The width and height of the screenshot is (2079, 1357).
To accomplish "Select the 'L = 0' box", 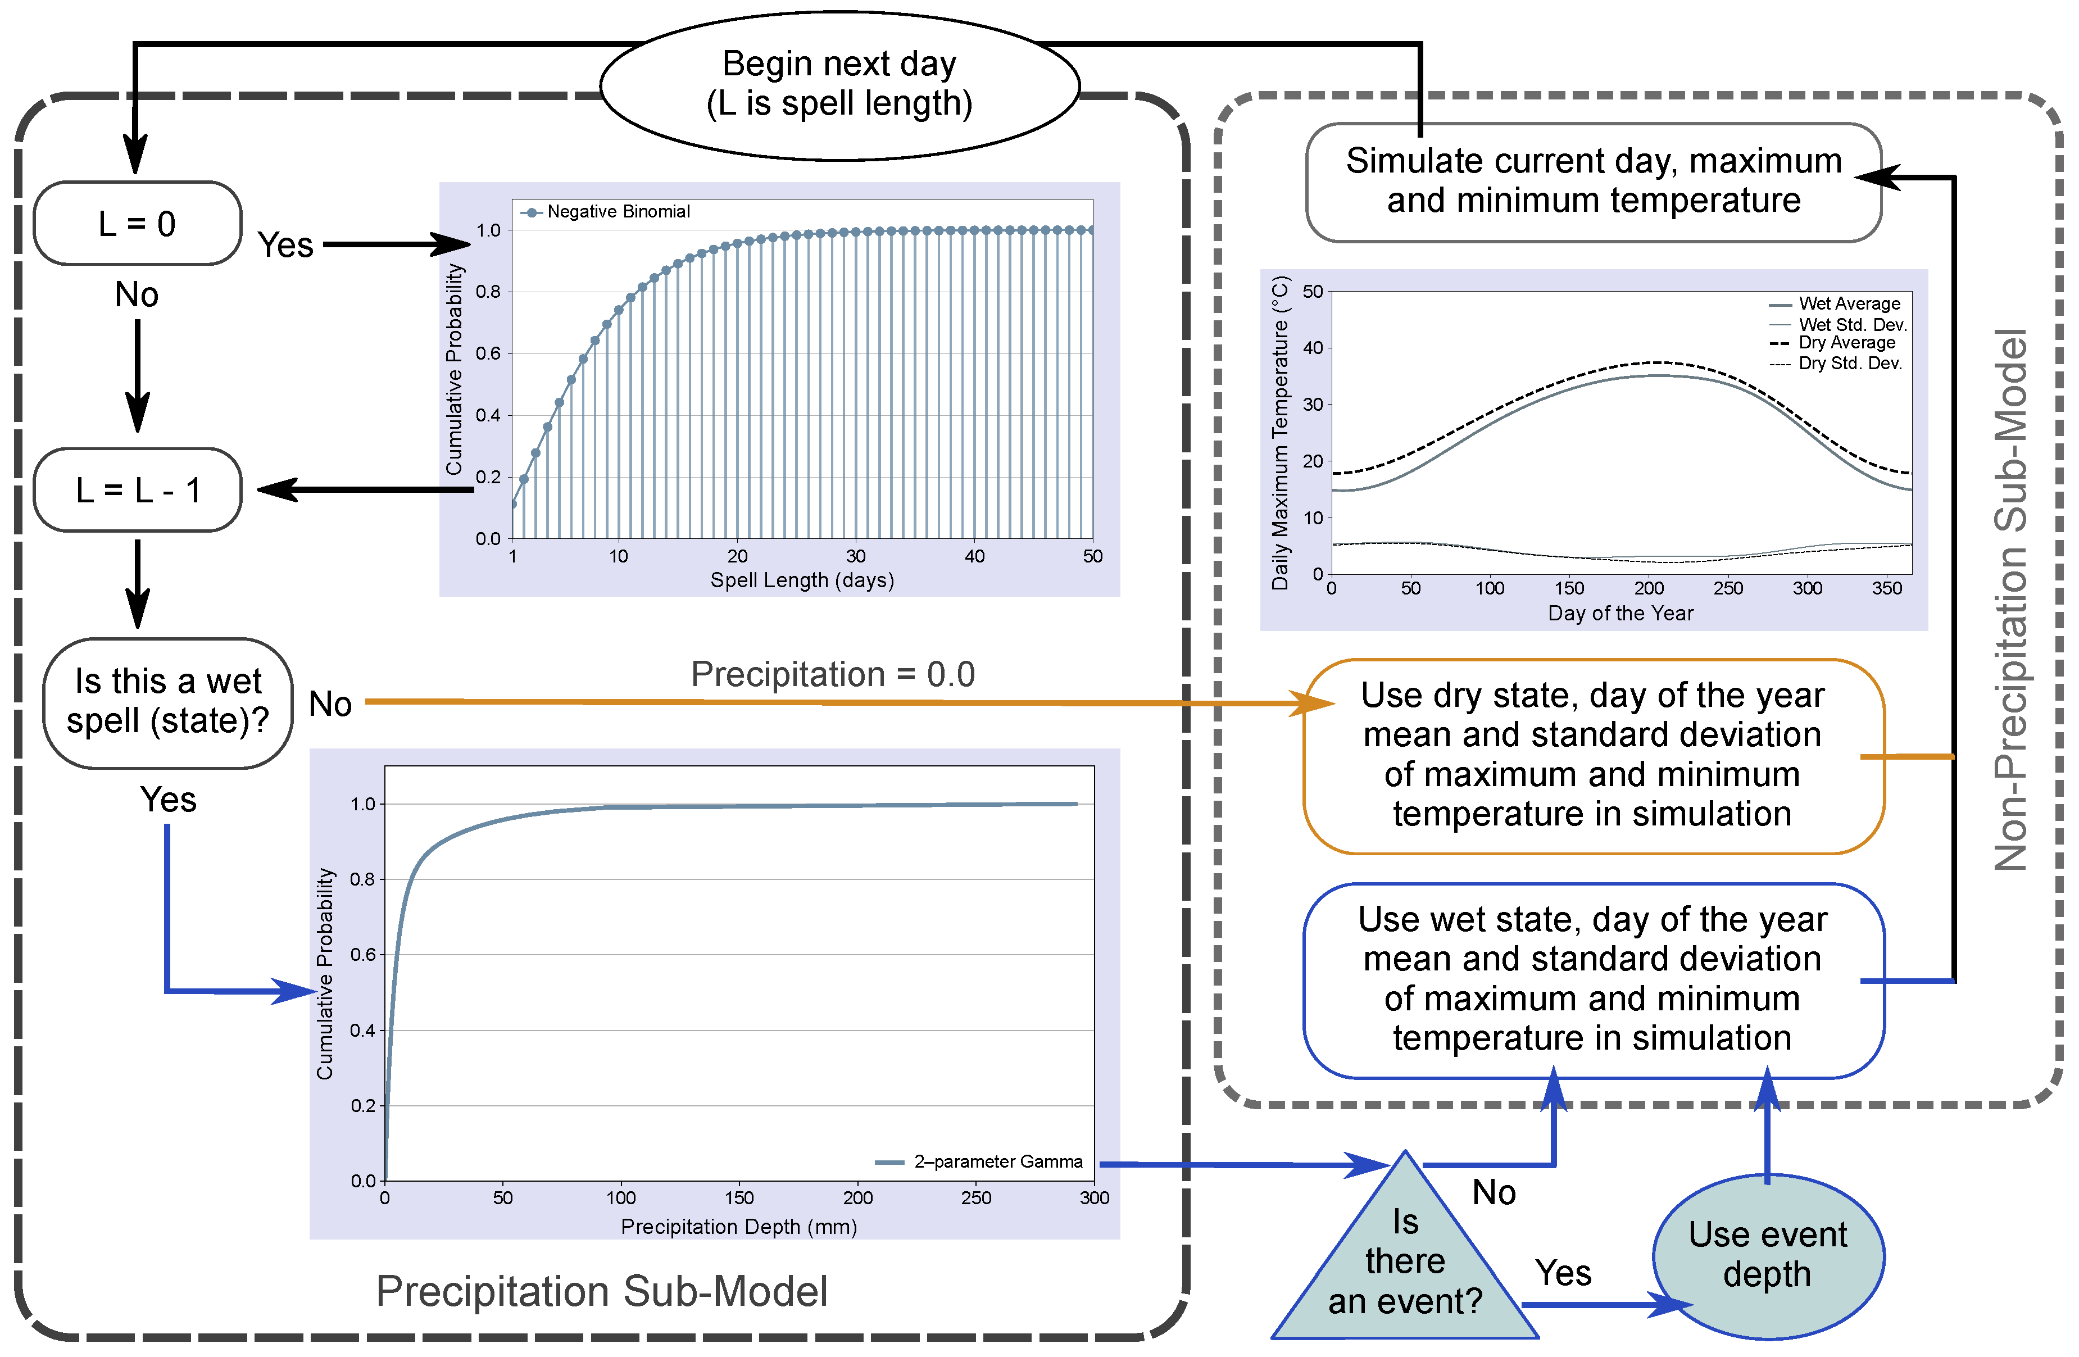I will pos(137,224).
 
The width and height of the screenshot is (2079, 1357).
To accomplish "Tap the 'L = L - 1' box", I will pos(137,490).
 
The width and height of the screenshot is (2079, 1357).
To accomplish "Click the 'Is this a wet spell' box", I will pos(167,702).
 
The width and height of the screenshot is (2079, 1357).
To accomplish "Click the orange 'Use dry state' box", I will pos(1592,755).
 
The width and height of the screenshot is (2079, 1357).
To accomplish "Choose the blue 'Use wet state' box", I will pos(1592,979).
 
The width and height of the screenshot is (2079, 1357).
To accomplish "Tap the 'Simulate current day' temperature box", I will pos(1592,181).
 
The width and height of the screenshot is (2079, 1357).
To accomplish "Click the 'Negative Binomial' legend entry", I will pos(617,211).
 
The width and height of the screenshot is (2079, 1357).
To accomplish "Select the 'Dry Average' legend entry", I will pos(1846,343).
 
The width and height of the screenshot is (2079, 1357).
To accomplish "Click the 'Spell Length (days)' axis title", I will pos(801,580).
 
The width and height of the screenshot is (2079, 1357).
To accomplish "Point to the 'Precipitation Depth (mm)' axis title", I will pos(738,1227).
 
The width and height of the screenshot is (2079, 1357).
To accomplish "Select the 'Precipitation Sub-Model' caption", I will pos(601,1291).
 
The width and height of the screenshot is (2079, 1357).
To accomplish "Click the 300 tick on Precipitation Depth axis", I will pos(1093,1198).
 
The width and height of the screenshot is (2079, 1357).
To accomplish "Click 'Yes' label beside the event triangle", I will pos(1563,1273).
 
